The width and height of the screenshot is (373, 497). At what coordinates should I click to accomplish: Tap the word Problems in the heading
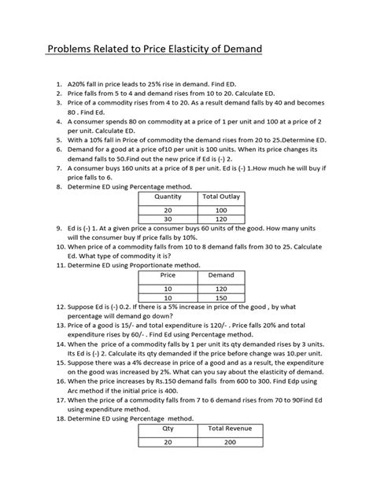[75, 51]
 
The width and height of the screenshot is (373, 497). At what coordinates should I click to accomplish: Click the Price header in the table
[168, 276]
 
